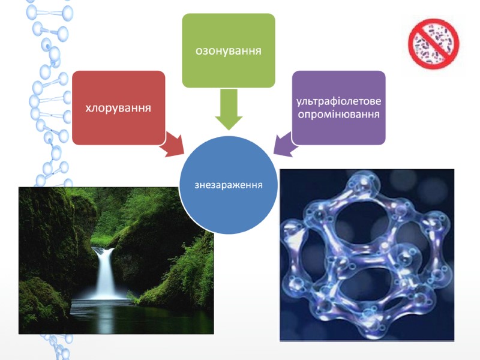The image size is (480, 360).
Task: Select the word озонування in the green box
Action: tap(229, 50)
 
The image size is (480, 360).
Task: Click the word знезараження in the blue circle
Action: tap(229, 184)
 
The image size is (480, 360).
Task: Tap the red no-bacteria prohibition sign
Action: tap(433, 43)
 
